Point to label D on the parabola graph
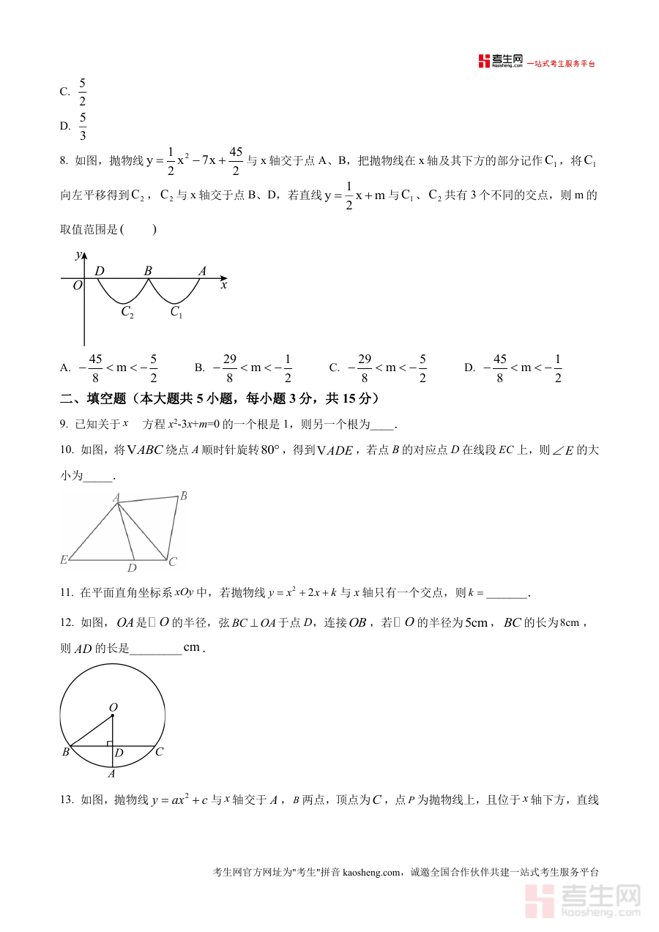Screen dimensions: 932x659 (100, 272)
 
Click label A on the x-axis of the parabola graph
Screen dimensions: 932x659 (202, 272)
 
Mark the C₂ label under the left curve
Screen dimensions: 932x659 (127, 313)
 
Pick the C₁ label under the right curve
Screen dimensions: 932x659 (176, 313)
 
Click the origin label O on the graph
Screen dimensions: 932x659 (77, 286)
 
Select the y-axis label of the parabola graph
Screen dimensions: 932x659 (78, 256)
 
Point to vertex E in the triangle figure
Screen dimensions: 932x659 (64, 560)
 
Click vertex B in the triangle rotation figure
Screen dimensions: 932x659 (183, 496)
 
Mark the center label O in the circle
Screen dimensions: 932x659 (113, 707)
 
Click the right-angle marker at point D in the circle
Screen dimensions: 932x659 (110, 743)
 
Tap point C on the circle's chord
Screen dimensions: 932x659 (159, 752)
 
